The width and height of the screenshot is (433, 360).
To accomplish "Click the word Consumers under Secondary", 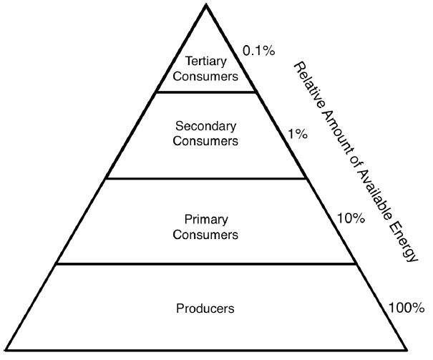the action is [x=206, y=141].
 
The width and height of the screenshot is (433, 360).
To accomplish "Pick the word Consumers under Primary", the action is [x=206, y=234].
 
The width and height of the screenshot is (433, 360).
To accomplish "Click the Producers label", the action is [x=205, y=308].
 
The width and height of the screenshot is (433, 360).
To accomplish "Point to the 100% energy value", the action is [x=406, y=308].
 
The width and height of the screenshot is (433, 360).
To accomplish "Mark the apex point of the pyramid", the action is [x=206, y=5].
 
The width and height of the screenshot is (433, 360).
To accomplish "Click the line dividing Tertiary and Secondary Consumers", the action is [x=206, y=92].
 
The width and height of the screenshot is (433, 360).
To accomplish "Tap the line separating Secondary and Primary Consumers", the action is [x=206, y=179].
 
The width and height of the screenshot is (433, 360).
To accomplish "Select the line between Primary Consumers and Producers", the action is [x=206, y=263].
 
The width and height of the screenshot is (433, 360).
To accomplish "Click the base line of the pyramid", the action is [x=206, y=350].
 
